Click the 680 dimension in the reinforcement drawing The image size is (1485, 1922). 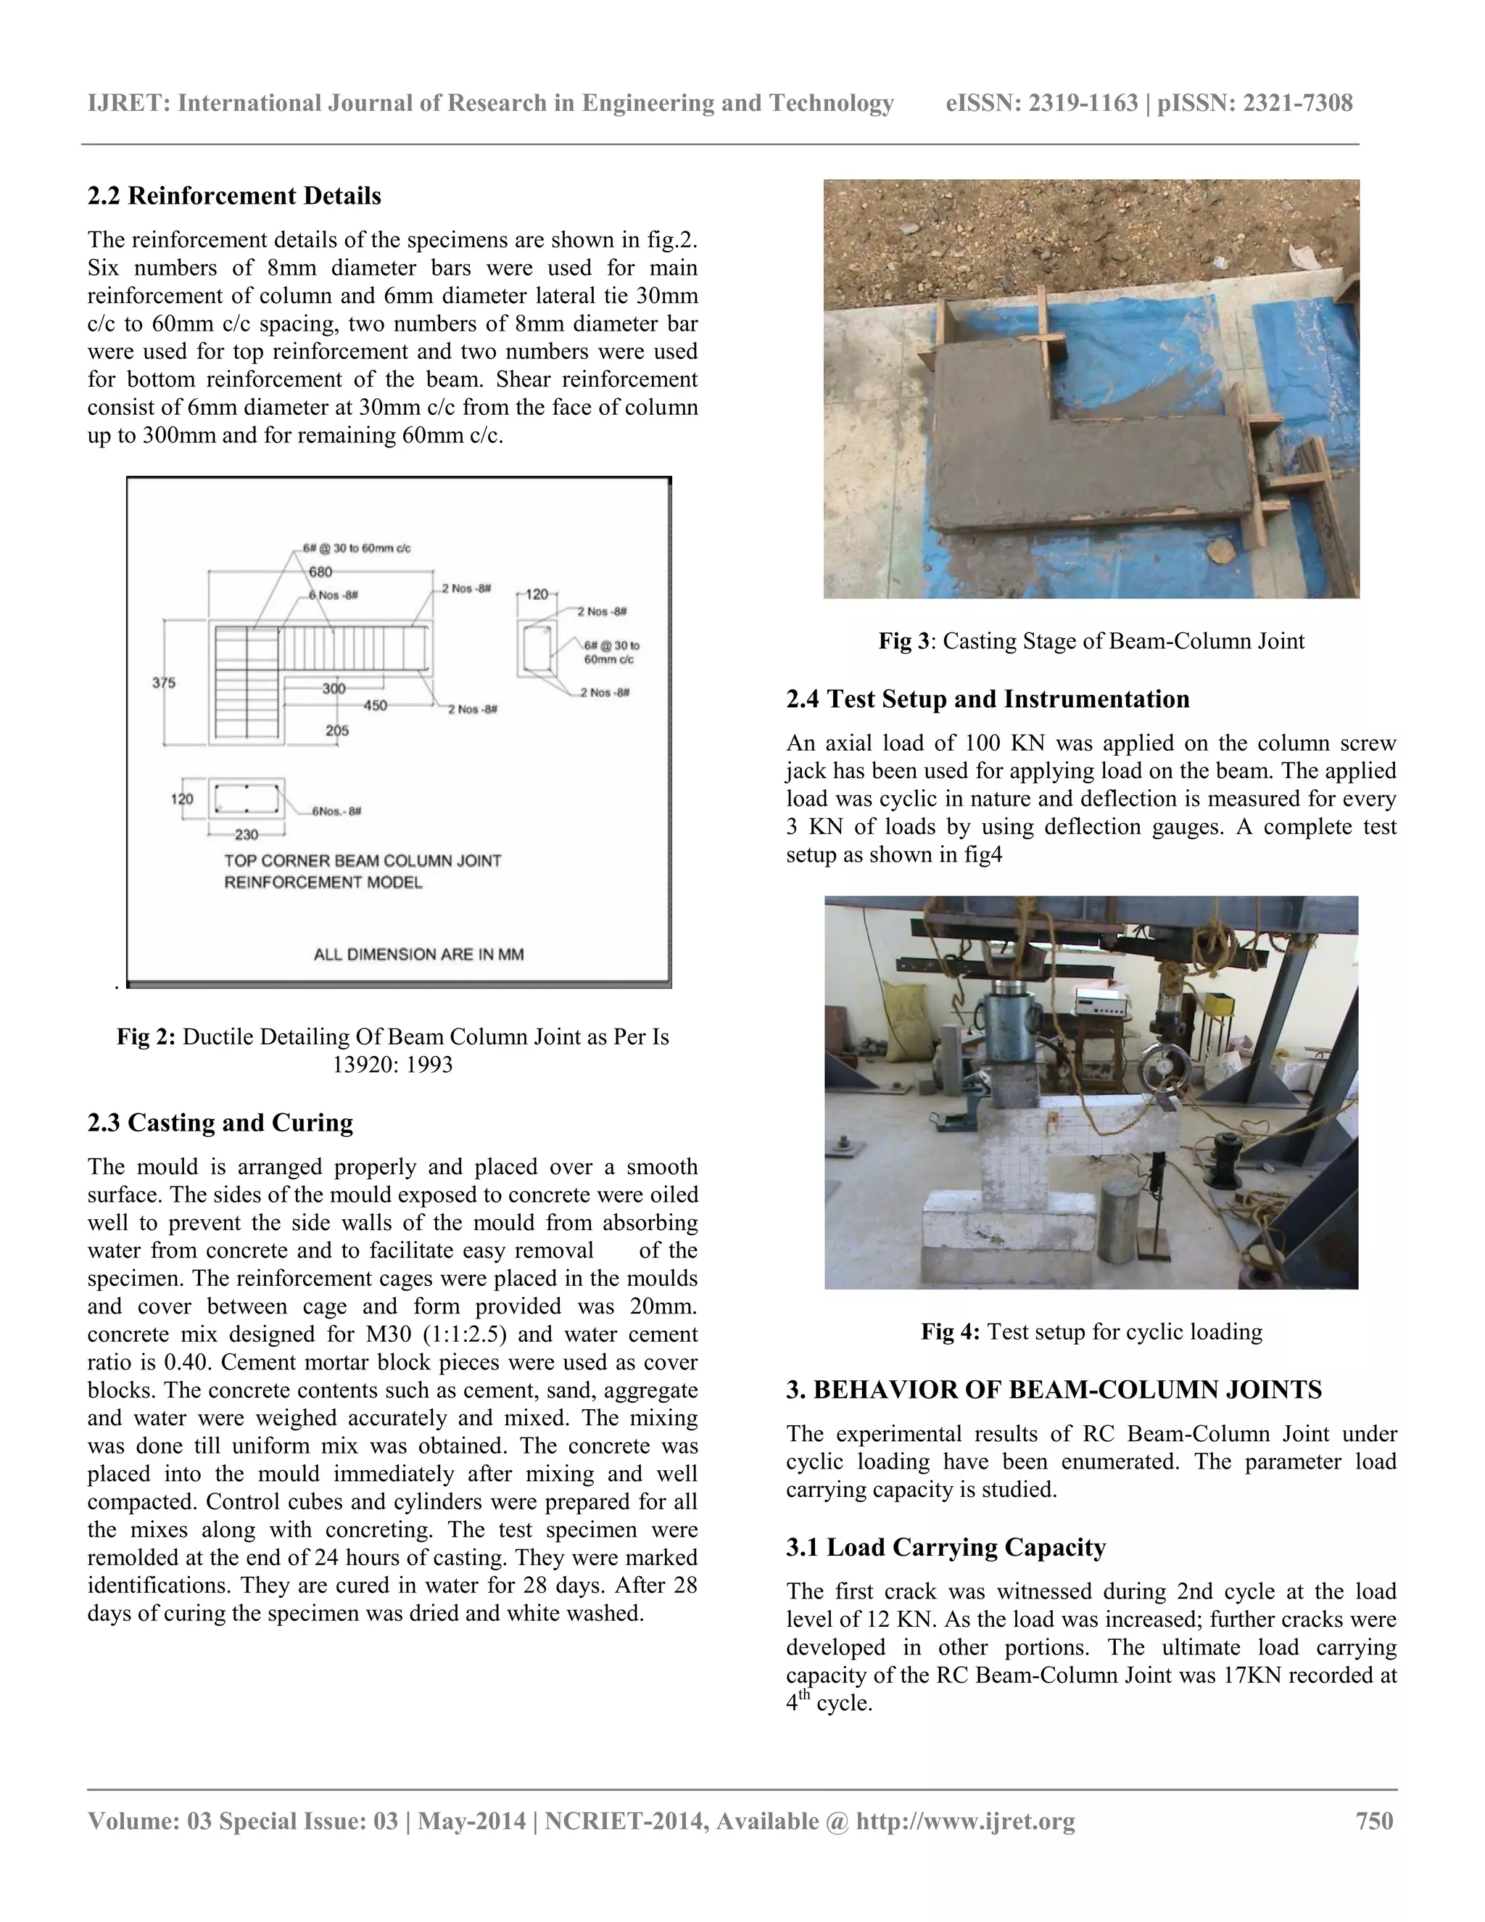320,572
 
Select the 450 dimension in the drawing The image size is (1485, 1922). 376,705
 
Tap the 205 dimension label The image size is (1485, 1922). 337,730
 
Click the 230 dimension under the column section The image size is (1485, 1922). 247,833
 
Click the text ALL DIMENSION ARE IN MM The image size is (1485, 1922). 419,954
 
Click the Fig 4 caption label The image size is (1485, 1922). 949,1332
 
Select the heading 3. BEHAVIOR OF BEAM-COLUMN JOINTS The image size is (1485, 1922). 1054,1390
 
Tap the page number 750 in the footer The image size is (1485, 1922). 1374,1820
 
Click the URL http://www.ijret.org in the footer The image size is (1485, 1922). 965,1820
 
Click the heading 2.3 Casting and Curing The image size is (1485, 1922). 220,1123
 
